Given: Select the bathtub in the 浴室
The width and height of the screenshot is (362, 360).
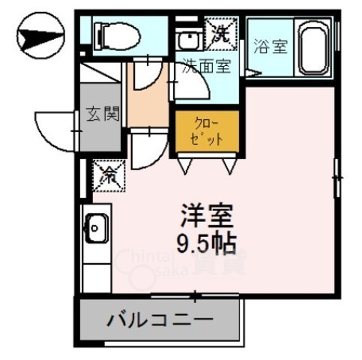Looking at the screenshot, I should [x=319, y=49].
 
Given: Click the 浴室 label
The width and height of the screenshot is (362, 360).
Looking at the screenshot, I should [x=269, y=47].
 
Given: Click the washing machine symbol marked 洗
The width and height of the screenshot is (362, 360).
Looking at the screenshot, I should [x=223, y=33].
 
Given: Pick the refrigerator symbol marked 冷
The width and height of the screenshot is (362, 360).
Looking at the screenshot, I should [x=108, y=176].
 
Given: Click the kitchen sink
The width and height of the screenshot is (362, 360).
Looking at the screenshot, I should [x=97, y=228].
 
